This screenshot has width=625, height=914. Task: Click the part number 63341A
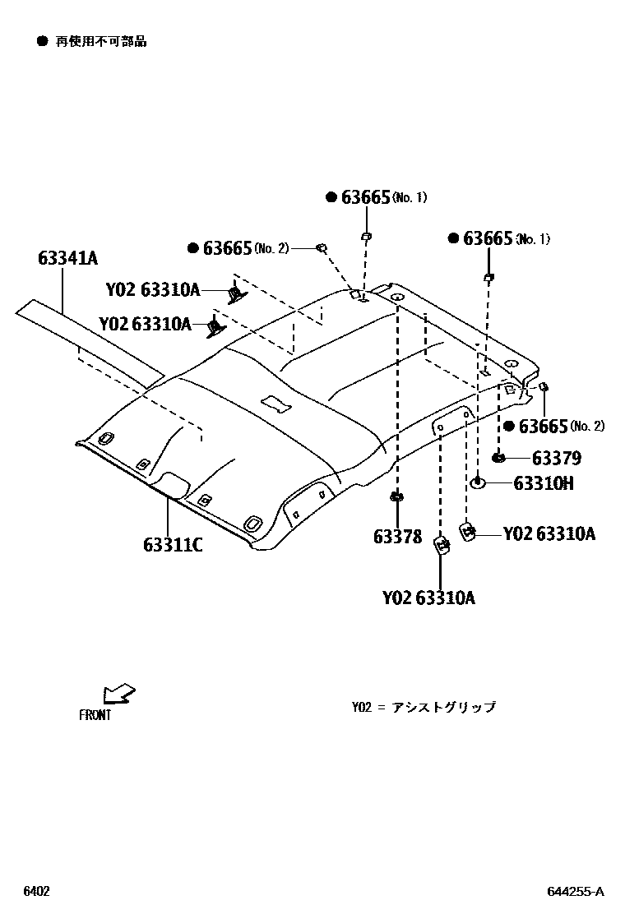67,258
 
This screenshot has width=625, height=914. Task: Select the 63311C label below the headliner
173,544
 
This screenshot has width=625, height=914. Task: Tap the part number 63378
397,537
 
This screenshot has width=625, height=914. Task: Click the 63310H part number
544,483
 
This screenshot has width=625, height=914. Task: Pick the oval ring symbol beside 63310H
479,482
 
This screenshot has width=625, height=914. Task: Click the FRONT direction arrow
119,694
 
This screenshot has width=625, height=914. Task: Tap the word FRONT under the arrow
95,715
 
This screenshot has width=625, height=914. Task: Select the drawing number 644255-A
576,892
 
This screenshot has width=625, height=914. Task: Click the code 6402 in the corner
36,892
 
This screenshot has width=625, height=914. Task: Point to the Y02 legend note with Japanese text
424,707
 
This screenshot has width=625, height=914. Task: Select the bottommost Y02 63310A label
428,598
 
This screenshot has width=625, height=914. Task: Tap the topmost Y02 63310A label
153,290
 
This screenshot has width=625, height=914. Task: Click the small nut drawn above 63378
397,496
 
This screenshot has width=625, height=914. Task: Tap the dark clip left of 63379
498,457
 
